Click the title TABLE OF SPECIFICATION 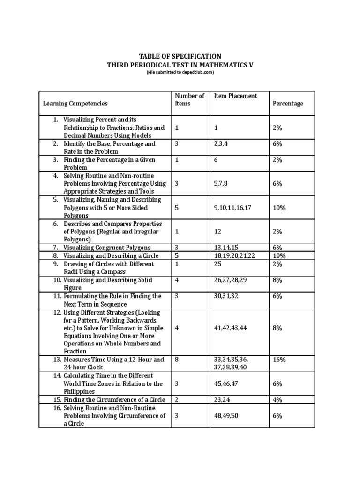click(x=180, y=56)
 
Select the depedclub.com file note click(x=180, y=73)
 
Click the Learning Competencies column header click(x=75, y=104)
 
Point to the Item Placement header click(x=235, y=96)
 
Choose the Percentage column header click(x=288, y=104)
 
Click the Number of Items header click(x=189, y=99)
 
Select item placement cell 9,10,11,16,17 click(x=232, y=207)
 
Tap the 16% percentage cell click(x=279, y=360)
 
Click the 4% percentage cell click(x=277, y=400)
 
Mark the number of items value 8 click(x=177, y=360)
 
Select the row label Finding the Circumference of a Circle click(x=114, y=400)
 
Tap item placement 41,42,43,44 click(x=230, y=328)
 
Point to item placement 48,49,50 click(x=226, y=416)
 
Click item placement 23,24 click(x=221, y=400)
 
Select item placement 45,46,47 click(x=226, y=383)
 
